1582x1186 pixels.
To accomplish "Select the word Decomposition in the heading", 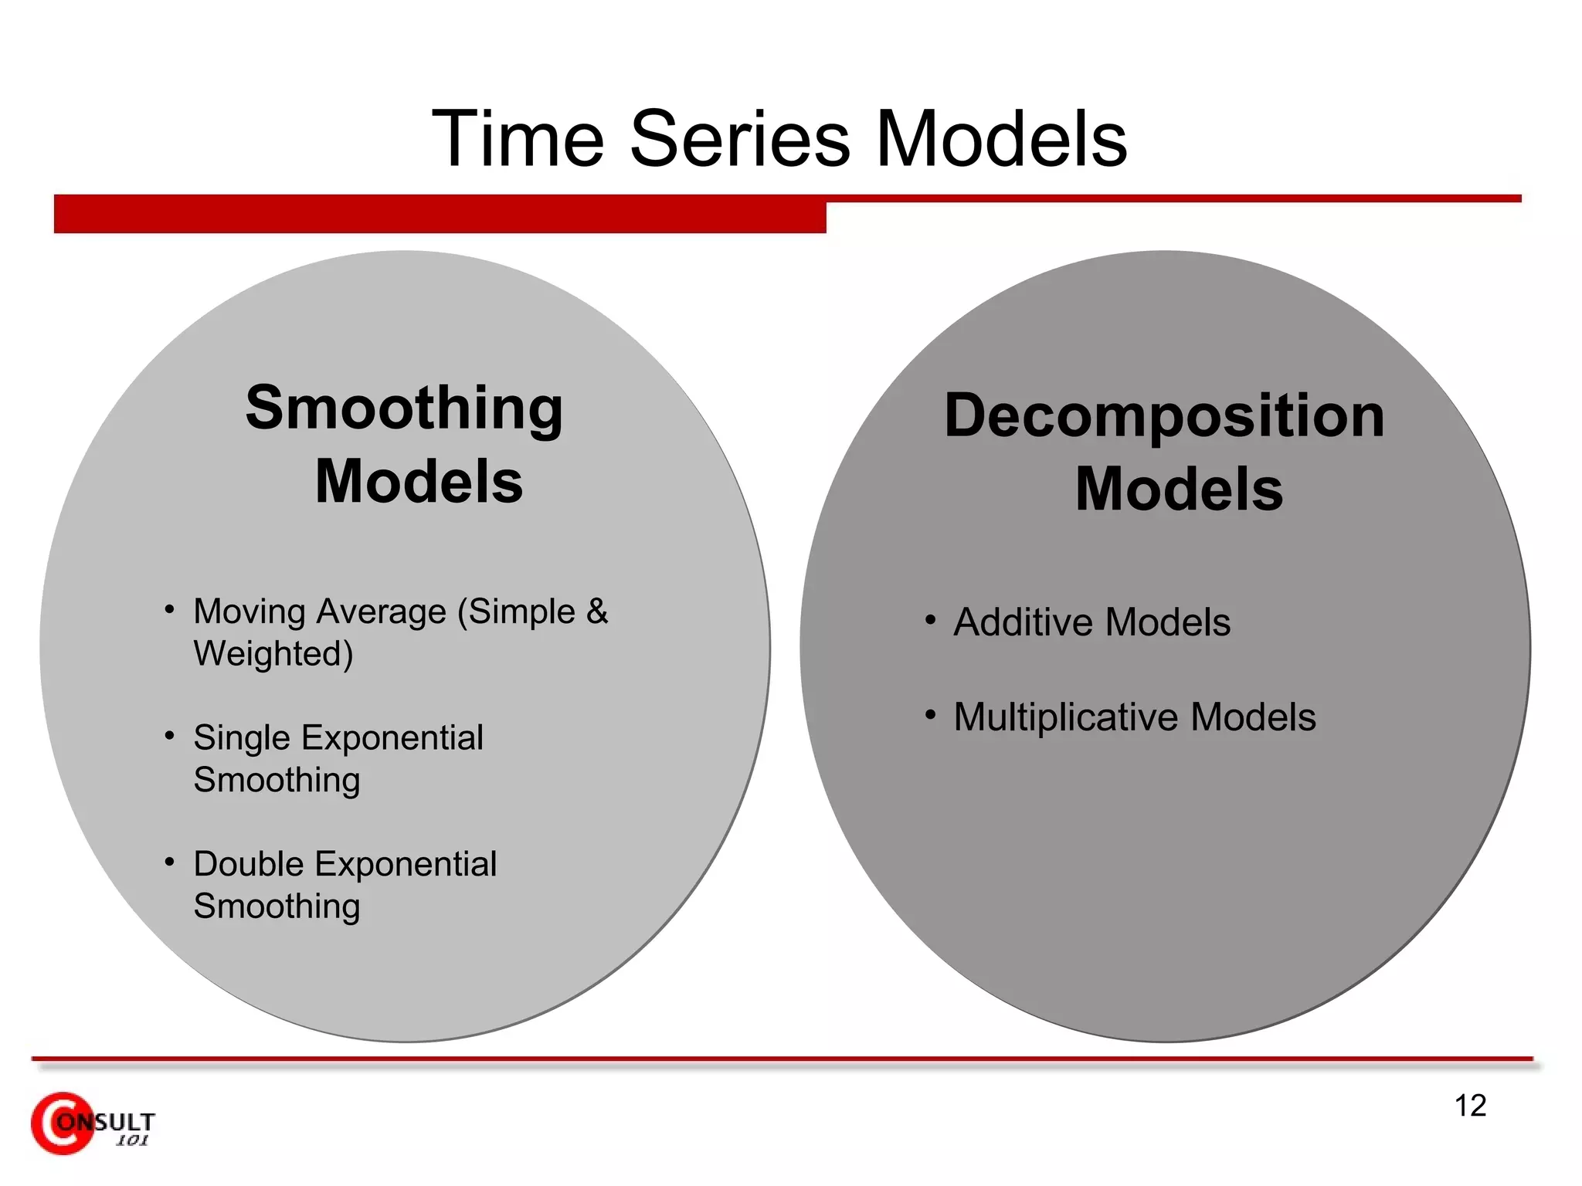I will (x=1164, y=415).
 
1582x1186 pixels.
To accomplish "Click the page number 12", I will (x=1470, y=1106).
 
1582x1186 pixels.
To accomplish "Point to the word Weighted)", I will (x=273, y=654).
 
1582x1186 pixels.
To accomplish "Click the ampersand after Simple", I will (x=596, y=612).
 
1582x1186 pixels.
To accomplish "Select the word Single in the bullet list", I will (x=241, y=738).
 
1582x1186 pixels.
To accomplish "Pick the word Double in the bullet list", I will (x=248, y=864).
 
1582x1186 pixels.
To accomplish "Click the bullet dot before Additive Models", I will (x=930, y=620).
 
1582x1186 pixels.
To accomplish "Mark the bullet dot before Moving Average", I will (x=169, y=609).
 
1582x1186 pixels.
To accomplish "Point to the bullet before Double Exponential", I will (x=169, y=862).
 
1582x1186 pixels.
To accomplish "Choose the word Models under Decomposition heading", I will (x=1179, y=490).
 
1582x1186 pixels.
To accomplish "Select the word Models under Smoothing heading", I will (x=419, y=482).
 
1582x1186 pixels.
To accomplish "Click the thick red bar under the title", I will (x=440, y=214).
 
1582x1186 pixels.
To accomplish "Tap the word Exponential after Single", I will (x=392, y=738).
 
